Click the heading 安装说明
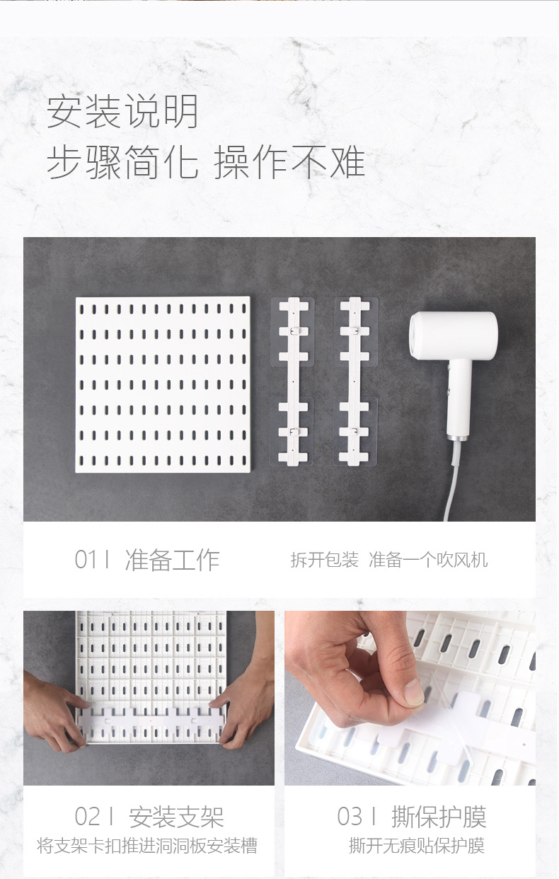pos(123,113)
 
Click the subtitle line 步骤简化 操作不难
pos(206,162)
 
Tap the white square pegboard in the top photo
pos(163,384)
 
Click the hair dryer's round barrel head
pos(453,335)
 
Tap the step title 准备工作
pos(172,560)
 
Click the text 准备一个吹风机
pos(428,561)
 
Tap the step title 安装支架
pos(176,817)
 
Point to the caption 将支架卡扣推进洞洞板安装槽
pos(147,846)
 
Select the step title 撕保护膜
pos(439,817)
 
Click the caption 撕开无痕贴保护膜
pos(417,846)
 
